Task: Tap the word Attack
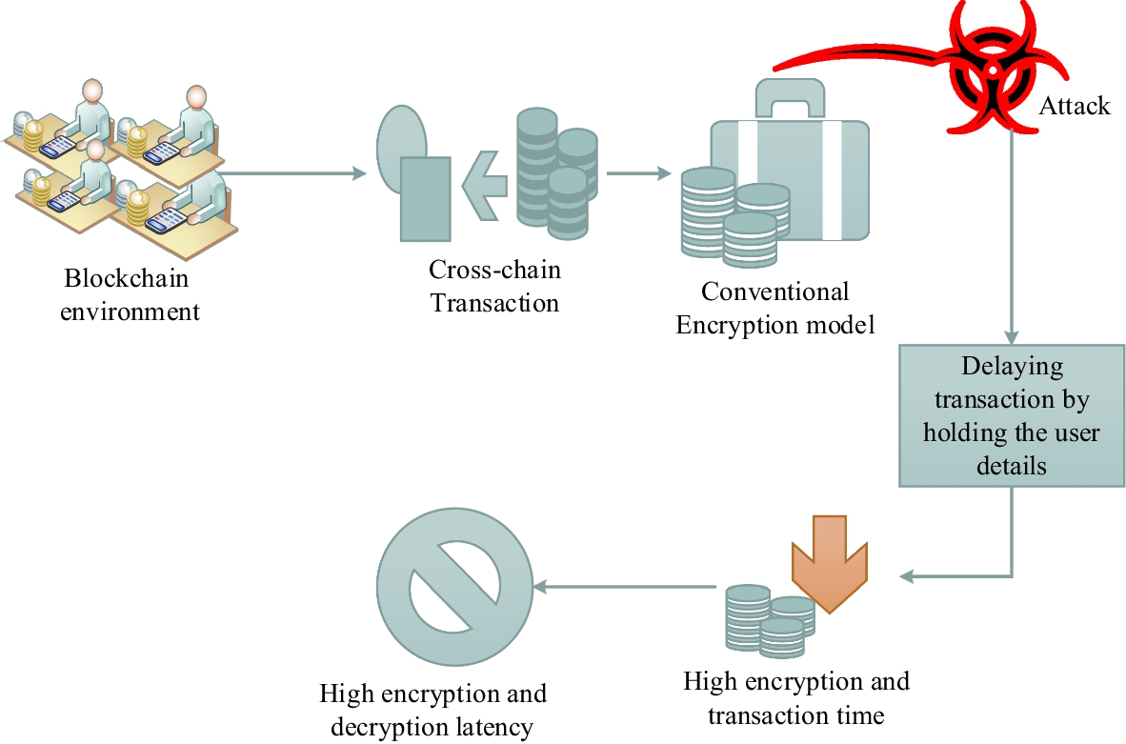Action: click(x=1074, y=106)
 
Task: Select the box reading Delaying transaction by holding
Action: click(x=1011, y=415)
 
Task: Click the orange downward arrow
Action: click(x=830, y=563)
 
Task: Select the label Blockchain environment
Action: click(x=130, y=295)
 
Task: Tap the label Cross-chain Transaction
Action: click(x=494, y=287)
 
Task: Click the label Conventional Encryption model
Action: click(x=774, y=308)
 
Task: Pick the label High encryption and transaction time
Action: click(x=795, y=698)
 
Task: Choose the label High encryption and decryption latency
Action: click(x=432, y=711)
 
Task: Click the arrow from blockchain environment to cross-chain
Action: click(x=291, y=173)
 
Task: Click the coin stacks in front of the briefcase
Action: click(x=734, y=216)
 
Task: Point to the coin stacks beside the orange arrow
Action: click(x=768, y=618)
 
